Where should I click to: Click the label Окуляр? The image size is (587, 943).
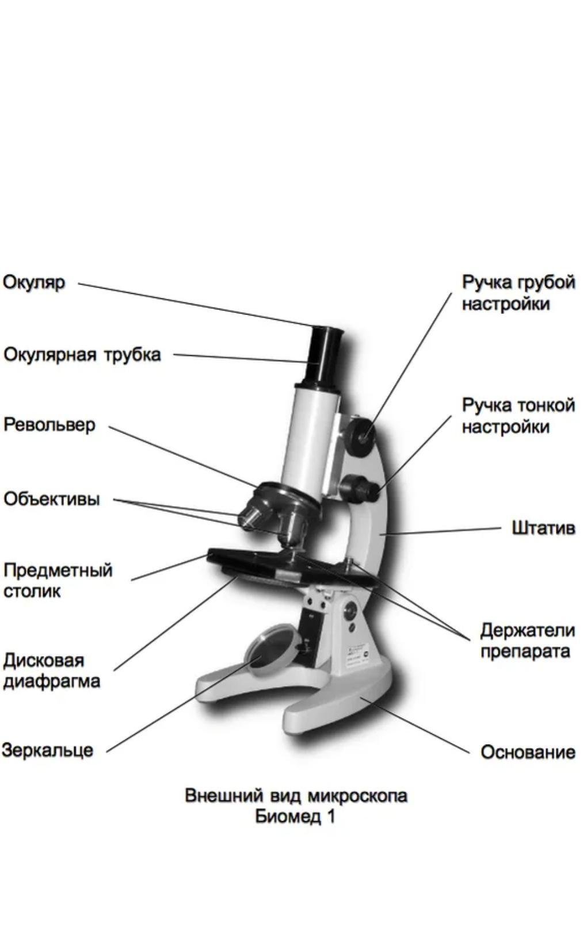coord(34,283)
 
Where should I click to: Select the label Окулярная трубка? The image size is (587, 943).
coord(82,355)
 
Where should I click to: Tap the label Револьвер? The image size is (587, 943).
coord(49,425)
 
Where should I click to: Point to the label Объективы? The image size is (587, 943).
coord(52,499)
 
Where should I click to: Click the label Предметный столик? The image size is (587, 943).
coord(57,581)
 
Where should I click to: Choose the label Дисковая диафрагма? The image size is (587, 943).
coord(51,670)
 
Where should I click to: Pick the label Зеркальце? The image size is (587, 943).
coord(47,750)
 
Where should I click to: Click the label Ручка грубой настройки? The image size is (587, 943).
coord(519,293)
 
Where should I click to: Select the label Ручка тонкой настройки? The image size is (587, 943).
coord(519,416)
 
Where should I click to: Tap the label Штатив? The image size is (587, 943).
coord(543,528)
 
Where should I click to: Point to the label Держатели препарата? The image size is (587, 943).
coord(527,641)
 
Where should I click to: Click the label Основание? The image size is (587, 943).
coord(528,752)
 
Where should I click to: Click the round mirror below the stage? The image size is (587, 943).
coord(270,649)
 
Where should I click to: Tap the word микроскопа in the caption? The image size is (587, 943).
coord(357,796)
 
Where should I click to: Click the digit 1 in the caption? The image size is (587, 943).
coord(330,816)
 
